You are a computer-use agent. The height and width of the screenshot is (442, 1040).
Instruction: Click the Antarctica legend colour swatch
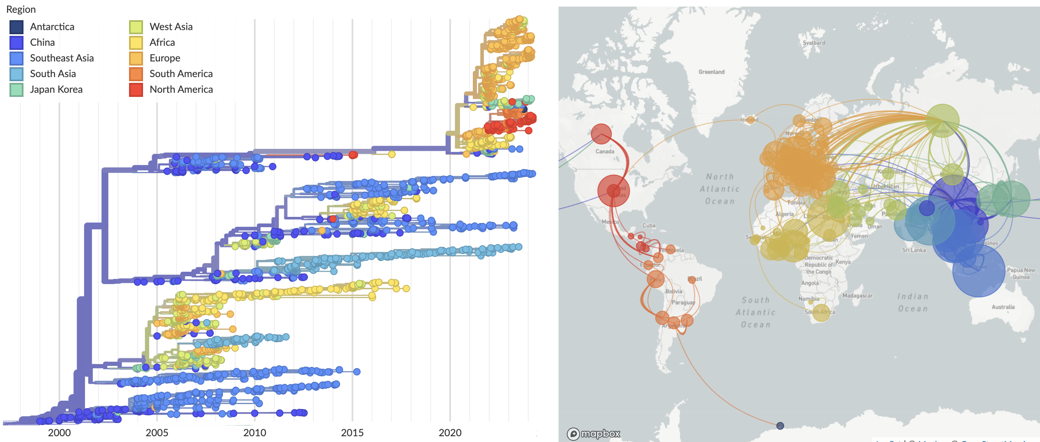(16, 27)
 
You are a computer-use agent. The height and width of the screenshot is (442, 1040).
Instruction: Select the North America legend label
(181, 89)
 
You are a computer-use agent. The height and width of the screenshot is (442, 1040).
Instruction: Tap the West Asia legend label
(171, 27)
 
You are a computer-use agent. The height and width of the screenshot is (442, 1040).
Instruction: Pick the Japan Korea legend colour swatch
(16, 89)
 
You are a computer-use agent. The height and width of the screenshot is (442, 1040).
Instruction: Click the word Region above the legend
(21, 9)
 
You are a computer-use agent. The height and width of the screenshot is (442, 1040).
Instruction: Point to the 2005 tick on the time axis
(157, 432)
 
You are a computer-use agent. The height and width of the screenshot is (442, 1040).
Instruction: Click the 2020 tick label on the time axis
(450, 433)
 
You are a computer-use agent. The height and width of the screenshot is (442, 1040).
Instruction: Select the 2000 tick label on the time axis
(59, 433)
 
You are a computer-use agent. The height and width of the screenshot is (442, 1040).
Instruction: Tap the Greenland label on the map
(711, 72)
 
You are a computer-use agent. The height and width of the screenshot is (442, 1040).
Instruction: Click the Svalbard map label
(814, 42)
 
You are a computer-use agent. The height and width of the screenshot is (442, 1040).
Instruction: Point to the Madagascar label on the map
(857, 296)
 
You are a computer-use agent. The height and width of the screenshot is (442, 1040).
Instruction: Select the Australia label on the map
(1003, 307)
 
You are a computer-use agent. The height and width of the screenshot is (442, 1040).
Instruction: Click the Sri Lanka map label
(913, 250)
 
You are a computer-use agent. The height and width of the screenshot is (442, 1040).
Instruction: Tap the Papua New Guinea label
(1021, 273)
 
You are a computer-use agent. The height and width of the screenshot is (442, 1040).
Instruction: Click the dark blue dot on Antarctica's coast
(780, 426)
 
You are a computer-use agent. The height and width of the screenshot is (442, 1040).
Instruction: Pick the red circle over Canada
(601, 134)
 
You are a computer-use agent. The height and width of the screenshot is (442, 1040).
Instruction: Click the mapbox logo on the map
(594, 434)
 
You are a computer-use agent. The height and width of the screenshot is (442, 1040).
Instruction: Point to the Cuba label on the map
(648, 226)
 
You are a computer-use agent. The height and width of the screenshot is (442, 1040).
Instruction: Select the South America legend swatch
(136, 74)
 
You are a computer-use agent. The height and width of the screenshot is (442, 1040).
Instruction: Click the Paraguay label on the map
(683, 302)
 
